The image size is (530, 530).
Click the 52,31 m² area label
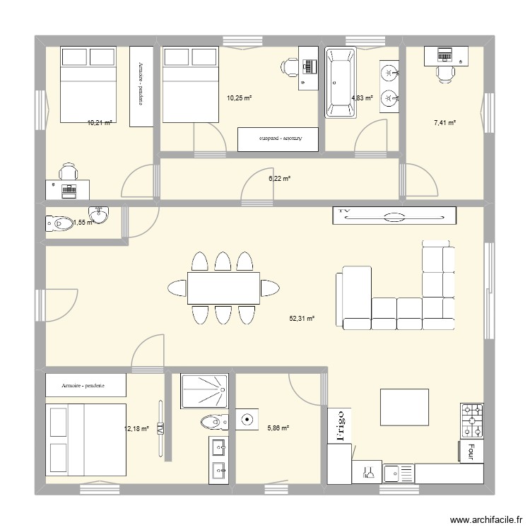coord(301,319)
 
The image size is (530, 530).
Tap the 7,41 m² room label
coord(444,123)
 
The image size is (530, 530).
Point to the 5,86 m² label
coord(278,428)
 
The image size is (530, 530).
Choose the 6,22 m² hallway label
coord(279,179)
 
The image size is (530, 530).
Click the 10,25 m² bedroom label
coord(239,98)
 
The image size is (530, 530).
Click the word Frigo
coord(339,425)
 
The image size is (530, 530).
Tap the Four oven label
coord(471,451)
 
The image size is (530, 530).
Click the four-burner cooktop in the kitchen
coord(472,420)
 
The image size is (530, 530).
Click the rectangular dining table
coord(223,288)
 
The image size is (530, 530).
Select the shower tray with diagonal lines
coord(204,391)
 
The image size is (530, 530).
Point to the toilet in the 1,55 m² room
coord(58,223)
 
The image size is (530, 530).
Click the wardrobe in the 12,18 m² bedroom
coord(86,386)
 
